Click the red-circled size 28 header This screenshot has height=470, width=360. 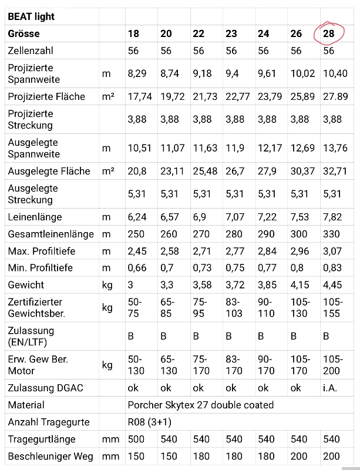pos(328,33)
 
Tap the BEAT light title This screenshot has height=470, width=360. pos(31,16)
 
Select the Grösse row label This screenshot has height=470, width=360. pos(23,33)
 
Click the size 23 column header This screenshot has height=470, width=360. pos(231,33)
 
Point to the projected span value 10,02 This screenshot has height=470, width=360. pos(302,73)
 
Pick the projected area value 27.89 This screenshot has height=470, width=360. pos(335,96)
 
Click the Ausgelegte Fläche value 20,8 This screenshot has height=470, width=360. pos(137,171)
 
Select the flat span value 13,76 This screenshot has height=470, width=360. pos(335,148)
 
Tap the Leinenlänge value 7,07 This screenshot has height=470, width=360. pos(235,217)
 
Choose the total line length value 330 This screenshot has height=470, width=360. pos(331,234)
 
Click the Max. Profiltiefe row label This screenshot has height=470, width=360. pos(41,251)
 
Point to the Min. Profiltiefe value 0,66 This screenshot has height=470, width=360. pos(137,268)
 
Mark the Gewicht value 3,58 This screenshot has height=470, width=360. pos(202,285)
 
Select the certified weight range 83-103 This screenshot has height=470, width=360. pos(234,307)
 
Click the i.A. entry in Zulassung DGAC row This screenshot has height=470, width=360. pos(330,388)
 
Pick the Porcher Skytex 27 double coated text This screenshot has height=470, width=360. pos(200,405)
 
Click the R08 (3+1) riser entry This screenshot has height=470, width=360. pos(150,422)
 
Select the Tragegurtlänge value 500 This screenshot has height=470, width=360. pos(136,439)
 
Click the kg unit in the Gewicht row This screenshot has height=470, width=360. pos(107,285)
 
